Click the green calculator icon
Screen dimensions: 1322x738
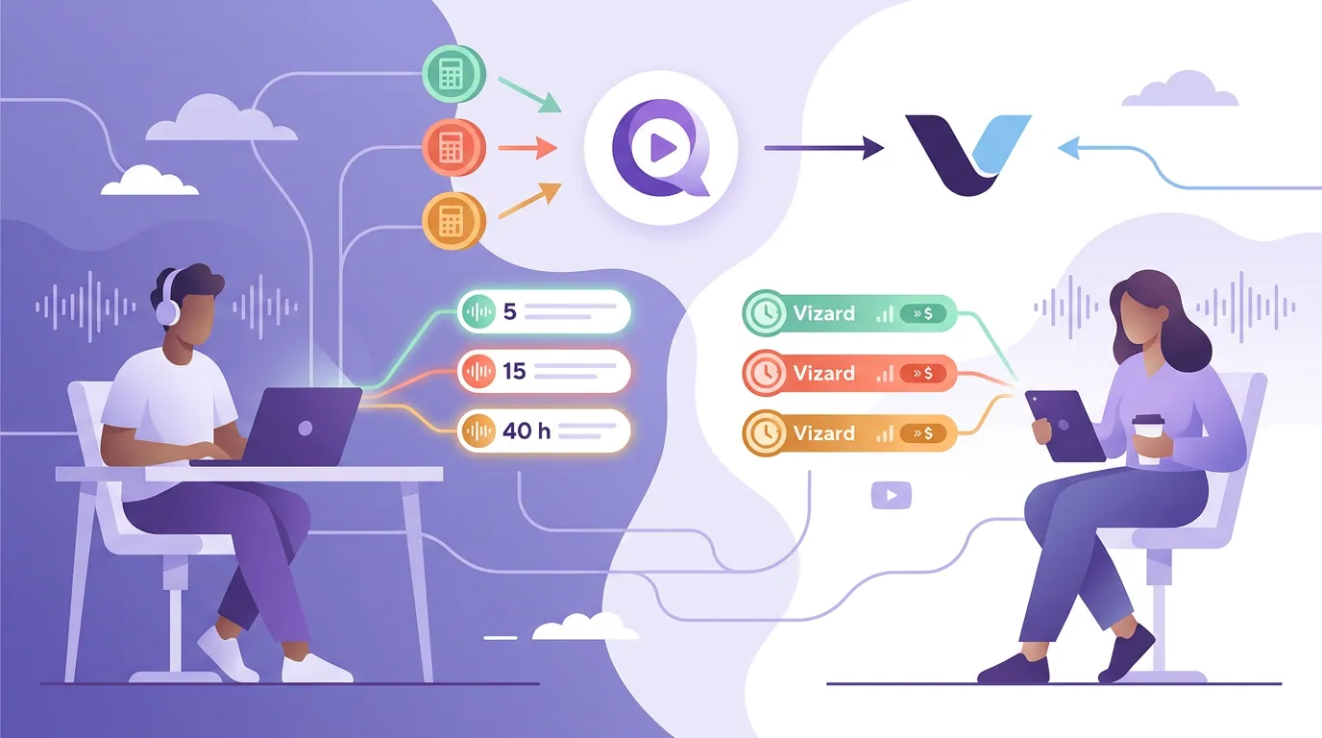pyautogui.click(x=453, y=74)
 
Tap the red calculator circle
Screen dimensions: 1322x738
pyautogui.click(x=453, y=148)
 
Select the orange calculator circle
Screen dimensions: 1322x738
pyautogui.click(x=453, y=221)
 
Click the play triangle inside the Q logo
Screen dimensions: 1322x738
pyautogui.click(x=663, y=148)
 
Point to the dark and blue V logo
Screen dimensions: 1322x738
pyautogui.click(x=967, y=155)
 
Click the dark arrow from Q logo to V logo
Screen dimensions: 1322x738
pyautogui.click(x=824, y=148)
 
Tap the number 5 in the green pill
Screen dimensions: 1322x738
pyautogui.click(x=510, y=311)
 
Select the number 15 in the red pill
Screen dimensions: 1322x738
pyautogui.click(x=514, y=371)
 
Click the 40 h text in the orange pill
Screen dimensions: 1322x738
pyautogui.click(x=526, y=431)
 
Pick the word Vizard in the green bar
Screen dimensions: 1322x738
pyautogui.click(x=824, y=313)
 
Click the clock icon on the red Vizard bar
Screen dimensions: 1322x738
pyautogui.click(x=766, y=373)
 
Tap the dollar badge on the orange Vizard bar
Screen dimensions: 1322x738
pyautogui.click(x=923, y=433)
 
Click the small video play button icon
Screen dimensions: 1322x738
pyautogui.click(x=892, y=495)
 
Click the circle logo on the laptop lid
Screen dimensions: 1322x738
pyautogui.click(x=306, y=429)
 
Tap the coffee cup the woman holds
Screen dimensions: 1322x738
pyautogui.click(x=1148, y=438)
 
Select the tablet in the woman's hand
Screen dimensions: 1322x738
pyautogui.click(x=1065, y=425)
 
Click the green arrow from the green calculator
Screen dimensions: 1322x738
pyautogui.click(x=529, y=94)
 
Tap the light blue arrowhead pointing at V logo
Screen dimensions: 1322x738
pyautogui.click(x=1068, y=148)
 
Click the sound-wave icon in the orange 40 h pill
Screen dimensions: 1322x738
pyautogui.click(x=478, y=431)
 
